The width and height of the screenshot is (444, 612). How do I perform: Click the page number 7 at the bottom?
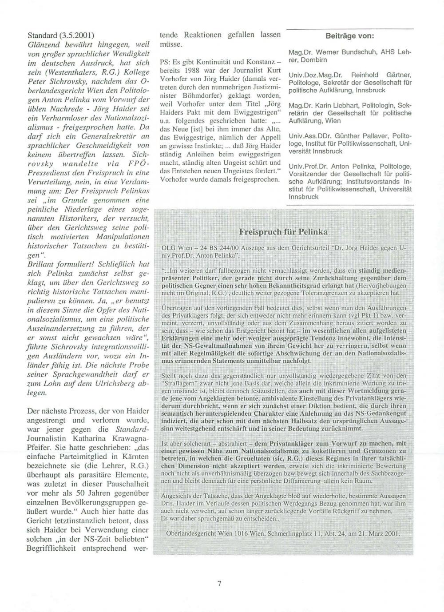[219, 584]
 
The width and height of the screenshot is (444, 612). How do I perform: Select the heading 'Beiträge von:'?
[350, 36]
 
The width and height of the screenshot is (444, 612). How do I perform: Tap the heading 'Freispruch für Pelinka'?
[283, 232]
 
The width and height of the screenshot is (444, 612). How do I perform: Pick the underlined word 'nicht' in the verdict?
[264, 278]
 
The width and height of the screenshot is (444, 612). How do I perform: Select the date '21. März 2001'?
[379, 533]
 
